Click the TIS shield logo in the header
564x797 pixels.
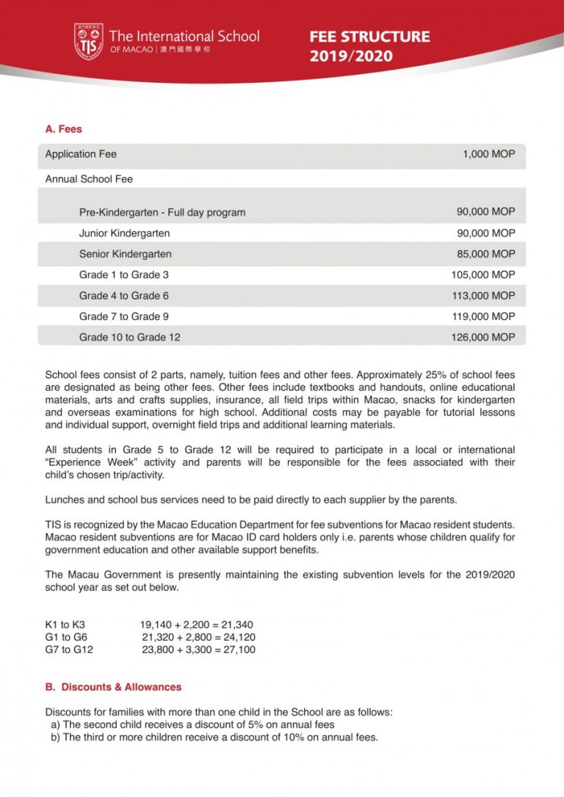tap(88, 42)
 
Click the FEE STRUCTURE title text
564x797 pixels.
tap(369, 37)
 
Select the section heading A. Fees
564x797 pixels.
tap(64, 129)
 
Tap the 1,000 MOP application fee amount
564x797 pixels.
tap(488, 154)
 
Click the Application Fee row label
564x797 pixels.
tap(81, 154)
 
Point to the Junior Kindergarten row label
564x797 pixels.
tap(124, 233)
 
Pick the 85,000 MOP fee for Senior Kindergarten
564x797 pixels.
tap(485, 254)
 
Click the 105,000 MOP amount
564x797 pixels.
tap(482, 274)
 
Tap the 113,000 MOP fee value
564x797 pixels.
tap(482, 295)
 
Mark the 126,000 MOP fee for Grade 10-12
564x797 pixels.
tap(482, 337)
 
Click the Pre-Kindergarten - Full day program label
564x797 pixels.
tap(162, 213)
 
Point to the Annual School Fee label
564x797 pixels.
tap(89, 179)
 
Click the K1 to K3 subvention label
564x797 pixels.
tap(65, 625)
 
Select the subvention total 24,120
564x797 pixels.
tap(239, 638)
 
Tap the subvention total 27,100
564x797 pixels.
tap(239, 649)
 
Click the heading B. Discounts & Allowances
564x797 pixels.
tap(113, 688)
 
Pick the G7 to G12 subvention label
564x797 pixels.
tap(69, 649)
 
